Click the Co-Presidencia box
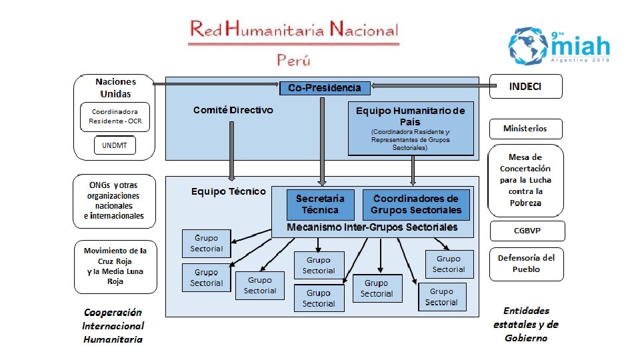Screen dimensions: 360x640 click(x=325, y=87)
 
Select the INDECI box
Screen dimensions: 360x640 click(x=525, y=87)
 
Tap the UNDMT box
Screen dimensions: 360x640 click(x=115, y=145)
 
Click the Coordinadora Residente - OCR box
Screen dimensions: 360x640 click(x=115, y=117)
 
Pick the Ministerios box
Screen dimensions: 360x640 click(x=525, y=128)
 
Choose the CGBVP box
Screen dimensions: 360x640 click(x=527, y=231)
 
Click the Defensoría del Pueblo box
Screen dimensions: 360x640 click(x=527, y=263)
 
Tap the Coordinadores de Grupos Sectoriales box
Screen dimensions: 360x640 click(x=416, y=205)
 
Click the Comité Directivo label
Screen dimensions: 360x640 click(x=233, y=110)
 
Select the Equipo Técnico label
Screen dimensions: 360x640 click(x=228, y=191)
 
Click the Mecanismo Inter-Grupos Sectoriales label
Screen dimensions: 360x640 click(x=372, y=228)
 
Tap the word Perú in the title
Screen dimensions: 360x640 click(x=294, y=59)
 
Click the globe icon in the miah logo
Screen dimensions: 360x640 click(x=530, y=45)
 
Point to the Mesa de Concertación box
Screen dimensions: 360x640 click(x=525, y=180)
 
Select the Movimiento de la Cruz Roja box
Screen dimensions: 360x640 click(x=115, y=266)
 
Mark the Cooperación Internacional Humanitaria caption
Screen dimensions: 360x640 click(x=113, y=325)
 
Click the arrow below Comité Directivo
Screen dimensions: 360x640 click(x=232, y=160)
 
